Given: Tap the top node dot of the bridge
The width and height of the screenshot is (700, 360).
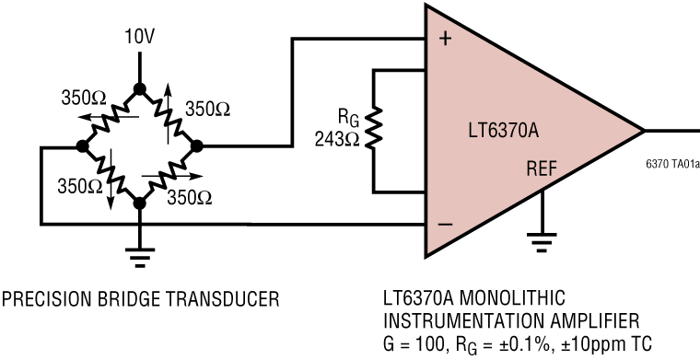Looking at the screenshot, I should pyautogui.click(x=139, y=89).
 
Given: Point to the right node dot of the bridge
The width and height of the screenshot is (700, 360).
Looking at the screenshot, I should pyautogui.click(x=195, y=146).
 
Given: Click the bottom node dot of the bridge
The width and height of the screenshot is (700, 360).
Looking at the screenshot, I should pyautogui.click(x=139, y=203).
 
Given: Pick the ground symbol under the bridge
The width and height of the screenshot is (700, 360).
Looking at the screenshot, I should pyautogui.click(x=139, y=256).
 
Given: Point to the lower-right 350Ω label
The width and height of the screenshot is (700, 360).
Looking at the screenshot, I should pyautogui.click(x=188, y=196).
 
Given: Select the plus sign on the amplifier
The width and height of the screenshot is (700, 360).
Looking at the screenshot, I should pyautogui.click(x=448, y=41).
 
